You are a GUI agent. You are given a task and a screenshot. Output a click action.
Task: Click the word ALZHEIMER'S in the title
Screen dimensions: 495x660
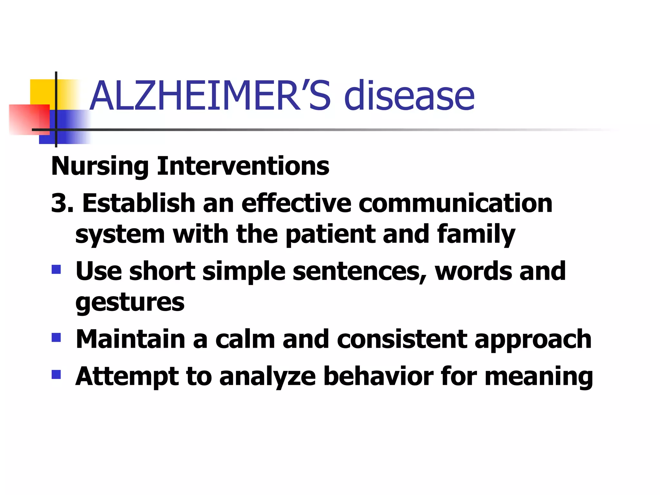pos(209,95)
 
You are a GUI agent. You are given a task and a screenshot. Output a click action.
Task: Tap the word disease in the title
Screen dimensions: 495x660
pos(409,95)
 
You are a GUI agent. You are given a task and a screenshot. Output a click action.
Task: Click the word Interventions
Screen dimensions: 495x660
pos(243,167)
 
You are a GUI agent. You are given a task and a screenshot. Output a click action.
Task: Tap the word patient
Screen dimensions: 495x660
pos(330,234)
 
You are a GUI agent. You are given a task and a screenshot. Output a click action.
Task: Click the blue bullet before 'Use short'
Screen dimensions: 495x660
pos(56,269)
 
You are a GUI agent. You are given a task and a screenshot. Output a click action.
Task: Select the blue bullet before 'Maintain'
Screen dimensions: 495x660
pos(56,337)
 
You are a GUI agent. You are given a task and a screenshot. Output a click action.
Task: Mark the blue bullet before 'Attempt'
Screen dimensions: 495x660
pos(56,374)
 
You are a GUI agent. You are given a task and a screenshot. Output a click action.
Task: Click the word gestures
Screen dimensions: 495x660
pos(130,303)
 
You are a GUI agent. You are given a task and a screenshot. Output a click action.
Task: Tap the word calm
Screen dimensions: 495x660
pos(245,339)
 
